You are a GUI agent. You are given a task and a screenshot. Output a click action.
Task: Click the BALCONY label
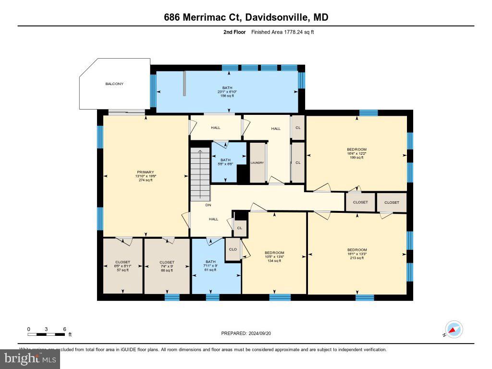click(x=114, y=84)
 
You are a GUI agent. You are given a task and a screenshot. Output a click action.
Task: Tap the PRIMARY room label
click(x=145, y=172)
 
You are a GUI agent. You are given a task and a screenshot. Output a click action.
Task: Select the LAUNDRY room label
click(x=257, y=163)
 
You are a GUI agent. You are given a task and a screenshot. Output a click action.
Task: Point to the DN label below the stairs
click(x=208, y=205)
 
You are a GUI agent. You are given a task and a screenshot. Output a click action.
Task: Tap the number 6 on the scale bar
click(x=64, y=329)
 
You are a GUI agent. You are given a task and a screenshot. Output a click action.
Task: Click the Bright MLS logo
click(x=30, y=358)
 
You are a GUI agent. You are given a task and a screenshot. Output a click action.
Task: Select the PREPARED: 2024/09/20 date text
click(x=249, y=333)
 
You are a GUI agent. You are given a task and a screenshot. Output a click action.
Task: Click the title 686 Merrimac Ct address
click(x=246, y=18)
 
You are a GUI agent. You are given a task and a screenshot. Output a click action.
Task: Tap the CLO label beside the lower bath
click(x=233, y=249)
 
